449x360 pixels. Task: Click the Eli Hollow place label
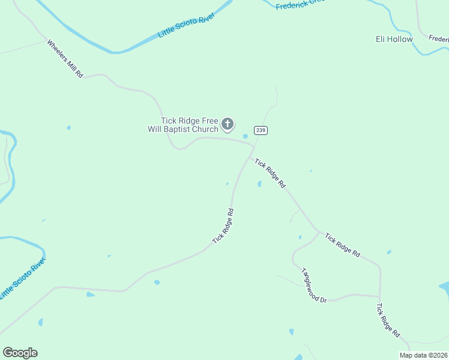click(394, 39)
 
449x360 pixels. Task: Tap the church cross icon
click(228, 124)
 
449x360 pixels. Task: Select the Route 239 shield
click(260, 130)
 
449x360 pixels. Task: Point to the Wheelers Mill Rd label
click(64, 59)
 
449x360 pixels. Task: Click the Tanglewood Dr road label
click(313, 285)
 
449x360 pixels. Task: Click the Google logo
click(20, 353)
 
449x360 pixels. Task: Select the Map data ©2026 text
click(423, 355)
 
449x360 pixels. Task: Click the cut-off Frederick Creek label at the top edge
click(300, 4)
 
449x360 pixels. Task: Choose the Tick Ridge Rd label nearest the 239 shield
click(270, 174)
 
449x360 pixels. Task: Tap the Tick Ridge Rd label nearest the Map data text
click(388, 320)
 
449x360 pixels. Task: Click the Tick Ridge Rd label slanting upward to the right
click(223, 226)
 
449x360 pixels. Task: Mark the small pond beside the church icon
click(245, 136)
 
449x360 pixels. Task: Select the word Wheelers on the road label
click(58, 52)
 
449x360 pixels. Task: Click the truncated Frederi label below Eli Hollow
click(438, 38)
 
